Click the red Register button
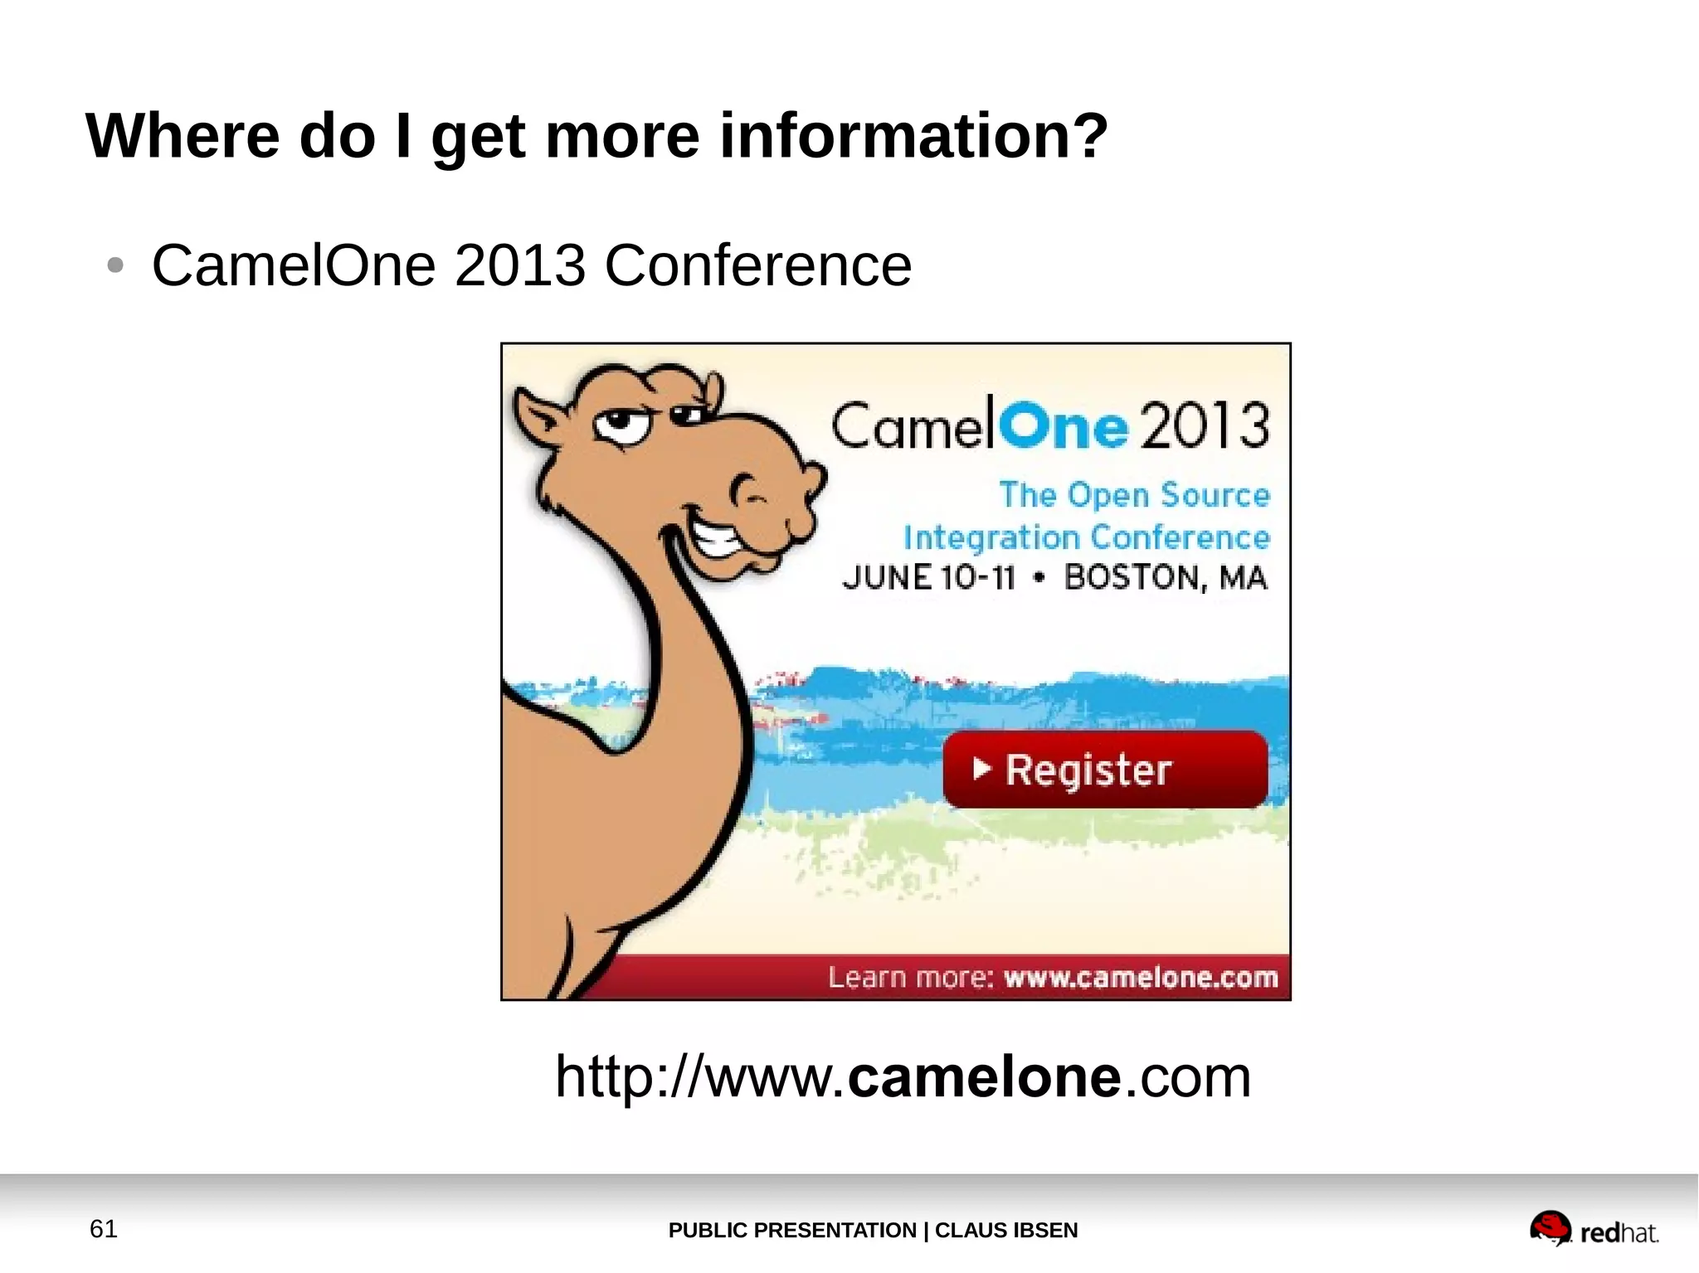coord(1104,769)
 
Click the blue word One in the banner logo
coord(1063,426)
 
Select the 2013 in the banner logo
coord(1204,426)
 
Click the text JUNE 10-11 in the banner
coord(928,577)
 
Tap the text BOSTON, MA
coord(1166,577)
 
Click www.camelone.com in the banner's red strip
coord(1141,978)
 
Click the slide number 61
coord(104,1229)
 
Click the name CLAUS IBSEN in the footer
coord(1006,1230)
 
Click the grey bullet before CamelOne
coord(115,266)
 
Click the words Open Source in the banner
coord(1169,495)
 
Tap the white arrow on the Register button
coord(981,769)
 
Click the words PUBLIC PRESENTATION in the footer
coord(792,1230)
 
